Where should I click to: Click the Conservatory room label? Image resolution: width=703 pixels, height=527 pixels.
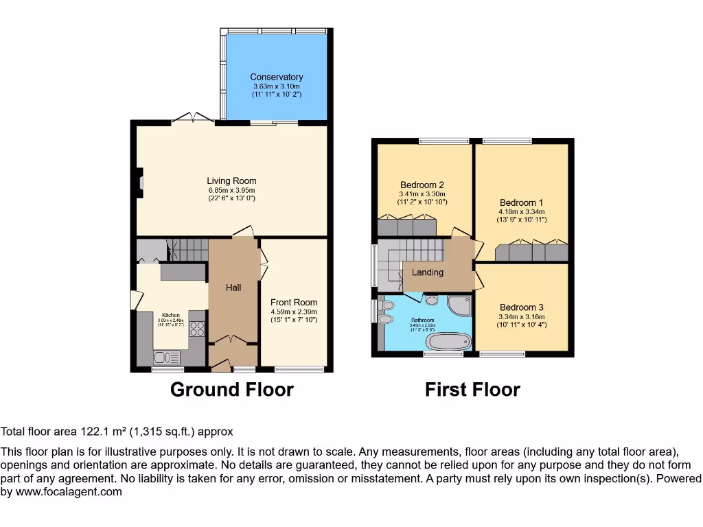[x=276, y=77]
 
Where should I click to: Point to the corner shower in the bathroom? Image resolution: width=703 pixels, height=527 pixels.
[x=458, y=305]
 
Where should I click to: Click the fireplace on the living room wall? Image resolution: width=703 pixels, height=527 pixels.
[x=139, y=183]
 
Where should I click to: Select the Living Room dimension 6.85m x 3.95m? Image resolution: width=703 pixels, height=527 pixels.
[x=231, y=190]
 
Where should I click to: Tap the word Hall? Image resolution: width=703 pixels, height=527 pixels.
[x=233, y=288]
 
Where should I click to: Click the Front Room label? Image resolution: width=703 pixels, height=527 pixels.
[x=294, y=302]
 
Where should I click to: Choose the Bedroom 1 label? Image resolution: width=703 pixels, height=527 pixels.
[x=521, y=202]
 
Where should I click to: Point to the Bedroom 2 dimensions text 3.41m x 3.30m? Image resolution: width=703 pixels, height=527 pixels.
[x=422, y=194]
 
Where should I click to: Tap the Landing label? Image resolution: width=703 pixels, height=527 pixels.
[x=427, y=272]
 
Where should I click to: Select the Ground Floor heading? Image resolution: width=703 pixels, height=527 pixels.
[x=231, y=390]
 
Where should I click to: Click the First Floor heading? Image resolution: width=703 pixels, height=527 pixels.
[x=472, y=390]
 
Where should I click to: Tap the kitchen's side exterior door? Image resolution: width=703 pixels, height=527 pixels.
[x=136, y=300]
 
